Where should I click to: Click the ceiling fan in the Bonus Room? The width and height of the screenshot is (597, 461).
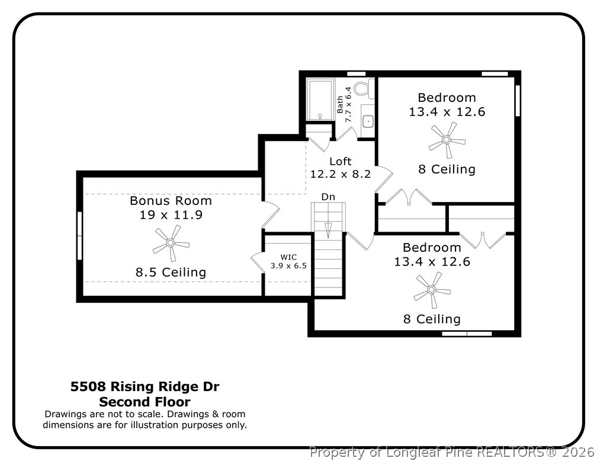(171, 243)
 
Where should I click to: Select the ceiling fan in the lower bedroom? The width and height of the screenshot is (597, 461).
(432, 290)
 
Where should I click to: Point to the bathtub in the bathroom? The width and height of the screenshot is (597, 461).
(320, 100)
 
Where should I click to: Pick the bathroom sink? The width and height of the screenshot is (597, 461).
(368, 121)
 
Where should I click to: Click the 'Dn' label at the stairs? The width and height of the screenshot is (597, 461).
(328, 196)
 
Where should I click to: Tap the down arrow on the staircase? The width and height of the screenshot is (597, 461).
(328, 230)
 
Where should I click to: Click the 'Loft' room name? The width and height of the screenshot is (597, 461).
(341, 161)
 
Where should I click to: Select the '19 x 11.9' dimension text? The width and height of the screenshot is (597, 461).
(171, 215)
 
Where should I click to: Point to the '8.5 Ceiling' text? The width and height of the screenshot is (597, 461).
(171, 273)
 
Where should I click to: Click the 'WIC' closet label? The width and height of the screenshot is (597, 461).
(288, 257)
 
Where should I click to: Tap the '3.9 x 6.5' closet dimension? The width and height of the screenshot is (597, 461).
(288, 265)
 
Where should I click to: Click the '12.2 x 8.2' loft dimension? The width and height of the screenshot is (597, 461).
(341, 174)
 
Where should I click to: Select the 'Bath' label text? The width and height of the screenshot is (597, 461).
(340, 104)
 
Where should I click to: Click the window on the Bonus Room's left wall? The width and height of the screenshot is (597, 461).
(79, 235)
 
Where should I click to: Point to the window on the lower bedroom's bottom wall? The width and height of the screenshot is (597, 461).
(467, 334)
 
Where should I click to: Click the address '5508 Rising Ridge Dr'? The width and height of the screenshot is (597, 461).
(145, 387)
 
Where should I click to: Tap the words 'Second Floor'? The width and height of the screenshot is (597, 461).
(145, 402)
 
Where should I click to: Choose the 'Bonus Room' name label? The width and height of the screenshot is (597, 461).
(171, 201)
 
